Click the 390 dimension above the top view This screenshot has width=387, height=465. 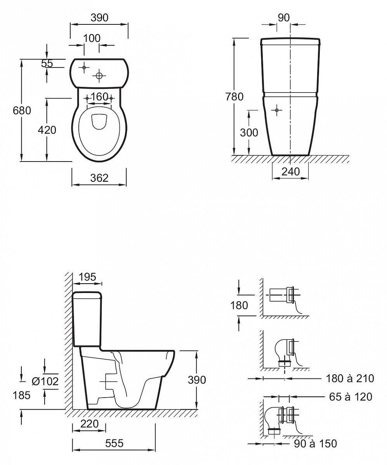click(99, 18)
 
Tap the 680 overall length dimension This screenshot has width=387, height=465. click(22, 110)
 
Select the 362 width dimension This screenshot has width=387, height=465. click(99, 178)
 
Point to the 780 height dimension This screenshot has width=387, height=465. click(234, 96)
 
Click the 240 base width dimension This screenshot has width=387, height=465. click(291, 172)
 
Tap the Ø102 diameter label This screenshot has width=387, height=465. click(45, 381)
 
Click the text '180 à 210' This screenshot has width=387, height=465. click(350, 378)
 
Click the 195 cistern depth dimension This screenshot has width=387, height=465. click(87, 277)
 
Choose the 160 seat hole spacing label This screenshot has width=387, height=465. click(99, 96)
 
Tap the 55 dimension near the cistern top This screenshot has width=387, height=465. click(47, 64)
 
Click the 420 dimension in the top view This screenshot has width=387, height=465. click(47, 130)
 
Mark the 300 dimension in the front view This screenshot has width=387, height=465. click(249, 133)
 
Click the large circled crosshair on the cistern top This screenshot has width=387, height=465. click(99, 76)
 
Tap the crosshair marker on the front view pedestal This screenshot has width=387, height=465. click(277, 110)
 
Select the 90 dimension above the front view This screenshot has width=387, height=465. click(284, 18)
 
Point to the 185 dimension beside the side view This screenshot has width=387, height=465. click(22, 395)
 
